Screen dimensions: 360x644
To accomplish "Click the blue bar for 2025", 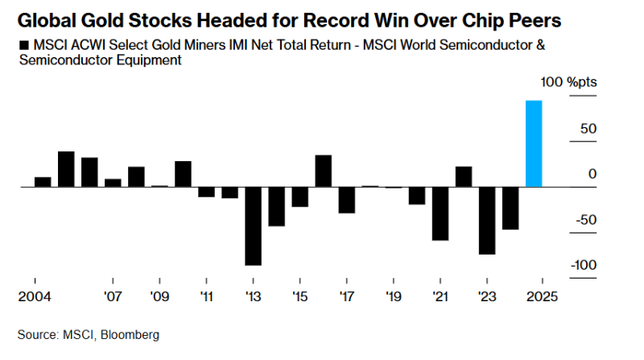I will click(534, 143).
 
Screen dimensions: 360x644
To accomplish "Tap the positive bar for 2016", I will click(323, 171).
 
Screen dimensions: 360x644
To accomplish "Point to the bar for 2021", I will click(440, 213).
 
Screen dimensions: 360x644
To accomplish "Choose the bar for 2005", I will click(66, 169).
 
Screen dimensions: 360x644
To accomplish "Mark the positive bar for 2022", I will click(463, 176).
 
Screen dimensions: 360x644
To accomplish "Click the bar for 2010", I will click(183, 174).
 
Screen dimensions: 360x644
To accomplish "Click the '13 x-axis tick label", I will click(253, 296).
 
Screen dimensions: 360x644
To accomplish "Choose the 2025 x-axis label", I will click(542, 296).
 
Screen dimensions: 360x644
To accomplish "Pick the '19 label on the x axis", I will click(393, 296).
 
